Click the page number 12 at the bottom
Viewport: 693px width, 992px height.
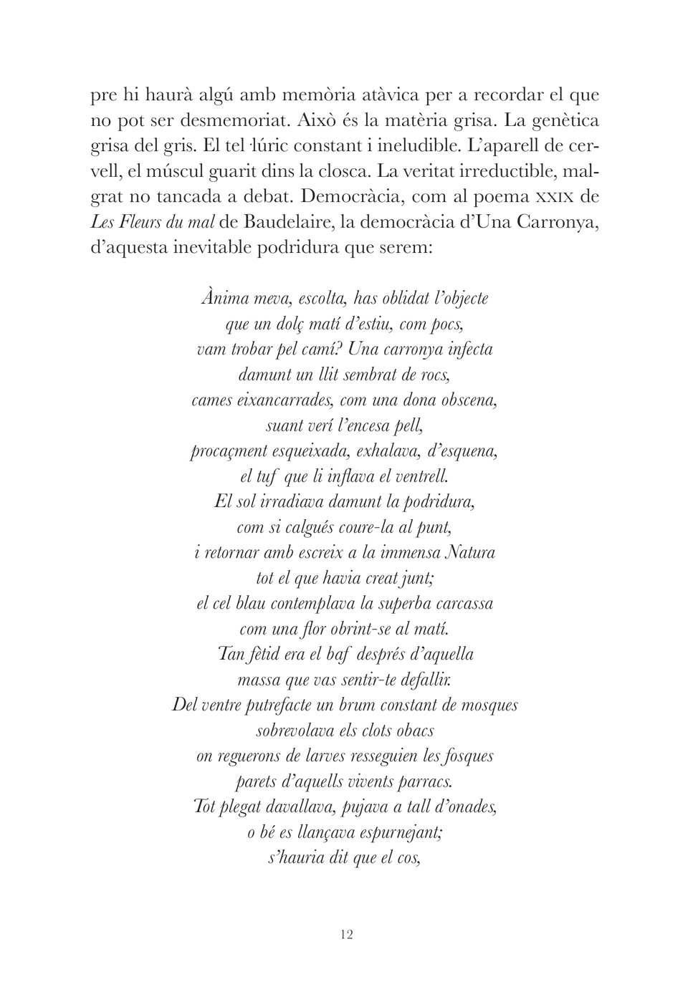[x=347, y=934]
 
